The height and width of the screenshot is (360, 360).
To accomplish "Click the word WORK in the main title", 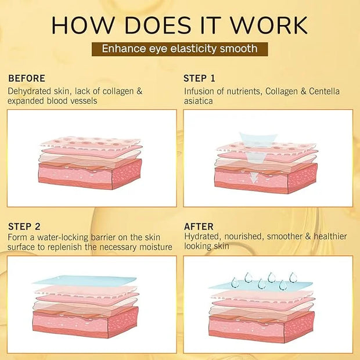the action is (269, 25).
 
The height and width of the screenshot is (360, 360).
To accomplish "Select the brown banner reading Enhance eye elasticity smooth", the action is (180, 49).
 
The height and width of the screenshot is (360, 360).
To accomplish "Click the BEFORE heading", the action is (27, 78).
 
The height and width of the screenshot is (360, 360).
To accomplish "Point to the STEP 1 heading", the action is (199, 78).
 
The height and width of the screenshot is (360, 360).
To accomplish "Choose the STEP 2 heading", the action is (24, 226).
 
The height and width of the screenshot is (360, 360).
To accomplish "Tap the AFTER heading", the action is (199, 226).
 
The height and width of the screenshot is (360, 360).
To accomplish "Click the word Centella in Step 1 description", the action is (324, 91).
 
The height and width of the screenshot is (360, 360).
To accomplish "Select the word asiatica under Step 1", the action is (199, 101).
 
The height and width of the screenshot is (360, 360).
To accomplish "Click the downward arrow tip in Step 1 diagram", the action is (253, 183).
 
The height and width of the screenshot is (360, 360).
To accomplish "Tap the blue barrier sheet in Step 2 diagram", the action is (85, 281).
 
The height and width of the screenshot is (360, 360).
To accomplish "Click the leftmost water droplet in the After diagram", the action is (235, 283).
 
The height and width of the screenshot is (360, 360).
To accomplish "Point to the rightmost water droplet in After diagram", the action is (293, 278).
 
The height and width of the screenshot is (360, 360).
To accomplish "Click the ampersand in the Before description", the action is (139, 91).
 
